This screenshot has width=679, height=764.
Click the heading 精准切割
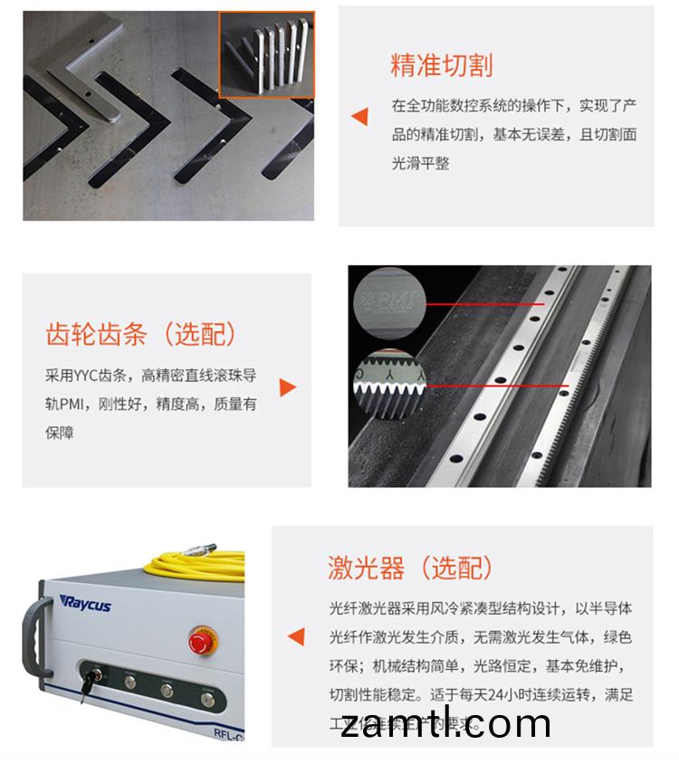point(441,66)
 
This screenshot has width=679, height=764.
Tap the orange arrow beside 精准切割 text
point(359,116)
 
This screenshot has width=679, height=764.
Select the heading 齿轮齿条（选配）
point(141,334)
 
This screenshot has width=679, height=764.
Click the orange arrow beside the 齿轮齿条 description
point(287,387)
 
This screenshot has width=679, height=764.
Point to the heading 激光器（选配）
point(411,568)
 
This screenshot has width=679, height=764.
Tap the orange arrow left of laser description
point(296,636)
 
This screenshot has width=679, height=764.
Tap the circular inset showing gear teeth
point(390,386)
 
